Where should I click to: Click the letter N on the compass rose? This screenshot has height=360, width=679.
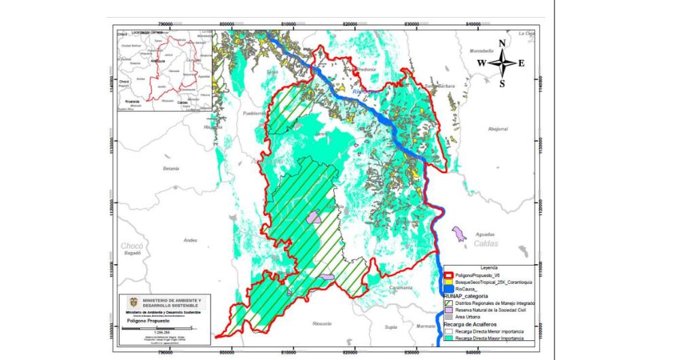tap(502, 44)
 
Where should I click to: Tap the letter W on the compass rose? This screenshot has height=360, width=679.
tap(481, 63)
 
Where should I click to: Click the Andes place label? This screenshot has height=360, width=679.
tap(190, 240)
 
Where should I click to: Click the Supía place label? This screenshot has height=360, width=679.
tap(390, 327)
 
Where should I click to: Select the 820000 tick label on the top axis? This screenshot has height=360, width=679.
tap(351, 23)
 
